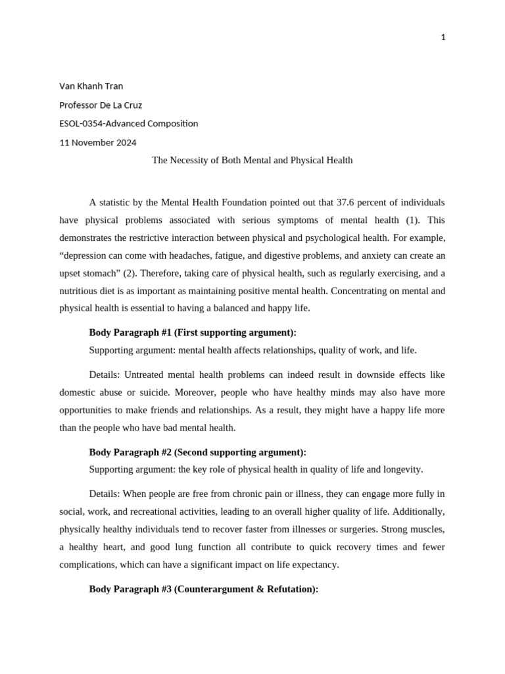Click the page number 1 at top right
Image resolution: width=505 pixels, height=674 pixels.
[443, 38]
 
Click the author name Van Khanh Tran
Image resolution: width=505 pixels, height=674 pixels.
[91, 86]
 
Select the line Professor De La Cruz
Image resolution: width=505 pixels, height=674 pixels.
[101, 105]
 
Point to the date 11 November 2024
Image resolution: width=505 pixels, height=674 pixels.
[98, 142]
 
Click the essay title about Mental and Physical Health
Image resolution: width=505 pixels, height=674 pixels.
[252, 160]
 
